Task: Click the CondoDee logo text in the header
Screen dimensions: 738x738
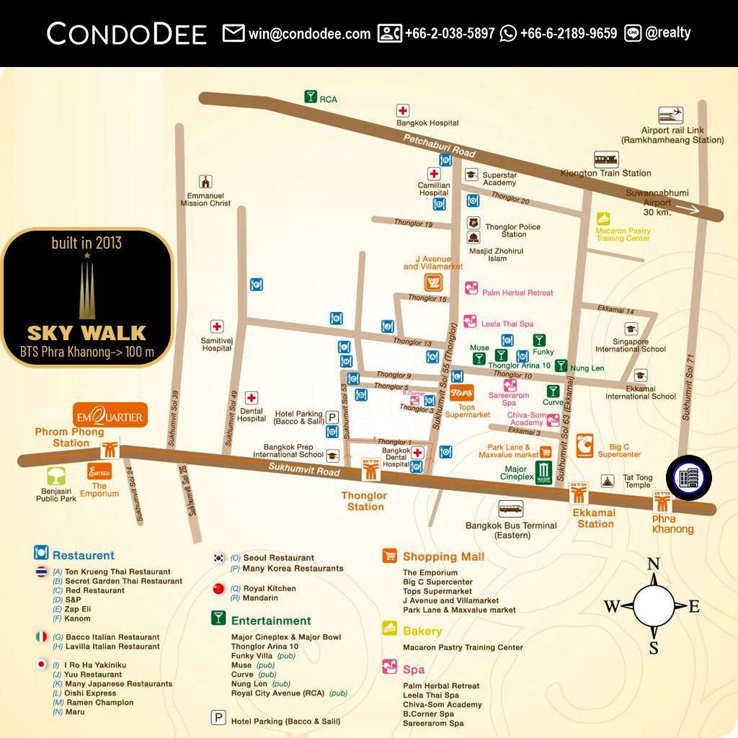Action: coord(127,33)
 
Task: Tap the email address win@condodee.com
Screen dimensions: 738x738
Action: coord(309,33)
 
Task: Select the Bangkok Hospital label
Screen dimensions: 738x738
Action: coord(427,123)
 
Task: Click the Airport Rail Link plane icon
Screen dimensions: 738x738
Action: coord(671,115)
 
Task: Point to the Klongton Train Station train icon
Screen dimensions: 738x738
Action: coord(606,159)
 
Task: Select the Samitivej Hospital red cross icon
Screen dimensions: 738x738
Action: coord(216,326)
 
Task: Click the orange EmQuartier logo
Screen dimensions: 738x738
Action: coord(111,415)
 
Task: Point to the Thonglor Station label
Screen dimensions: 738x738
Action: coord(365,501)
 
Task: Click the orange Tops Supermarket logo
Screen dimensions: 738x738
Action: coord(461,394)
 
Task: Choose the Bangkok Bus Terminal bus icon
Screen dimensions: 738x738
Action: coord(511,508)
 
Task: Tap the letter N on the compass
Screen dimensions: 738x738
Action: coord(654,564)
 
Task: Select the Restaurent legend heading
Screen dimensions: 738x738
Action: coord(83,556)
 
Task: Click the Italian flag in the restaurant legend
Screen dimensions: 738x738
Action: coord(42,637)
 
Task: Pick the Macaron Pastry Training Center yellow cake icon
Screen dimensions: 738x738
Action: coord(603,218)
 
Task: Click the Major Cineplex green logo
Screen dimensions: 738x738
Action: coord(544,473)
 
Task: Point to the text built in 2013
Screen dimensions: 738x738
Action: coord(86,243)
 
